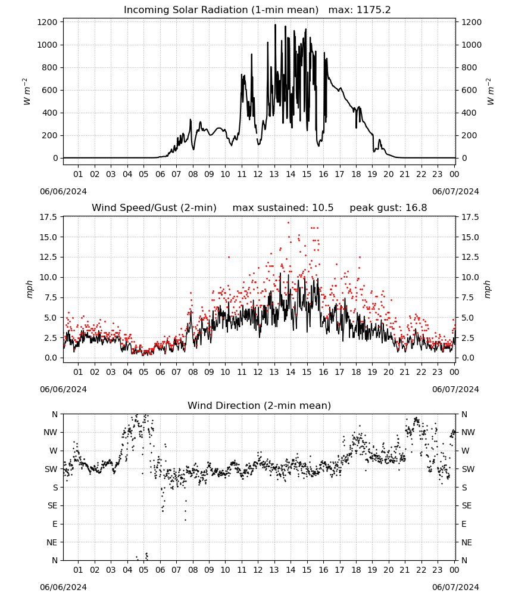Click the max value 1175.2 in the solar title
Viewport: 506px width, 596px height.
coord(373,10)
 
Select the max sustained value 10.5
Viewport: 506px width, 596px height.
coord(323,208)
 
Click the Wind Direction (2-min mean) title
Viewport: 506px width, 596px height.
coord(260,405)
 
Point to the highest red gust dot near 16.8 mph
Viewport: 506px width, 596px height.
coord(289,223)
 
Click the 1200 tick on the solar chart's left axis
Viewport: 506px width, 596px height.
coord(48,22)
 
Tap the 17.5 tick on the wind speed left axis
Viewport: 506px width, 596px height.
coord(49,217)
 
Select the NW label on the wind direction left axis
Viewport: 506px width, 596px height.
coord(51,433)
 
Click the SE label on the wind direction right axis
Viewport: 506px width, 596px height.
coord(467,506)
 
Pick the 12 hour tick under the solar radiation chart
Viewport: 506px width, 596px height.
coord(258,175)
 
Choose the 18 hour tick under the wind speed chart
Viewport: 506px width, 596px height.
coord(356,372)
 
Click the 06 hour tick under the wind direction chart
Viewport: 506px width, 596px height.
coord(160,570)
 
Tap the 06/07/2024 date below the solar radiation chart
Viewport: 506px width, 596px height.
coord(455,191)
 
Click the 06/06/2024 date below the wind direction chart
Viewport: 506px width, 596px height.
coord(63,587)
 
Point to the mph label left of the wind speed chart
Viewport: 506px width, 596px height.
coord(30,289)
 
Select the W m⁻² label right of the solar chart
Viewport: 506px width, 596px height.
coord(490,91)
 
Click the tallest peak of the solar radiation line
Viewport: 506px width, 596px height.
coord(275,24)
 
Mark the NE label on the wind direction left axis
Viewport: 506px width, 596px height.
coord(52,543)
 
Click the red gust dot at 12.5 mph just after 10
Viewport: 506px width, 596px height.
coord(229,257)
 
